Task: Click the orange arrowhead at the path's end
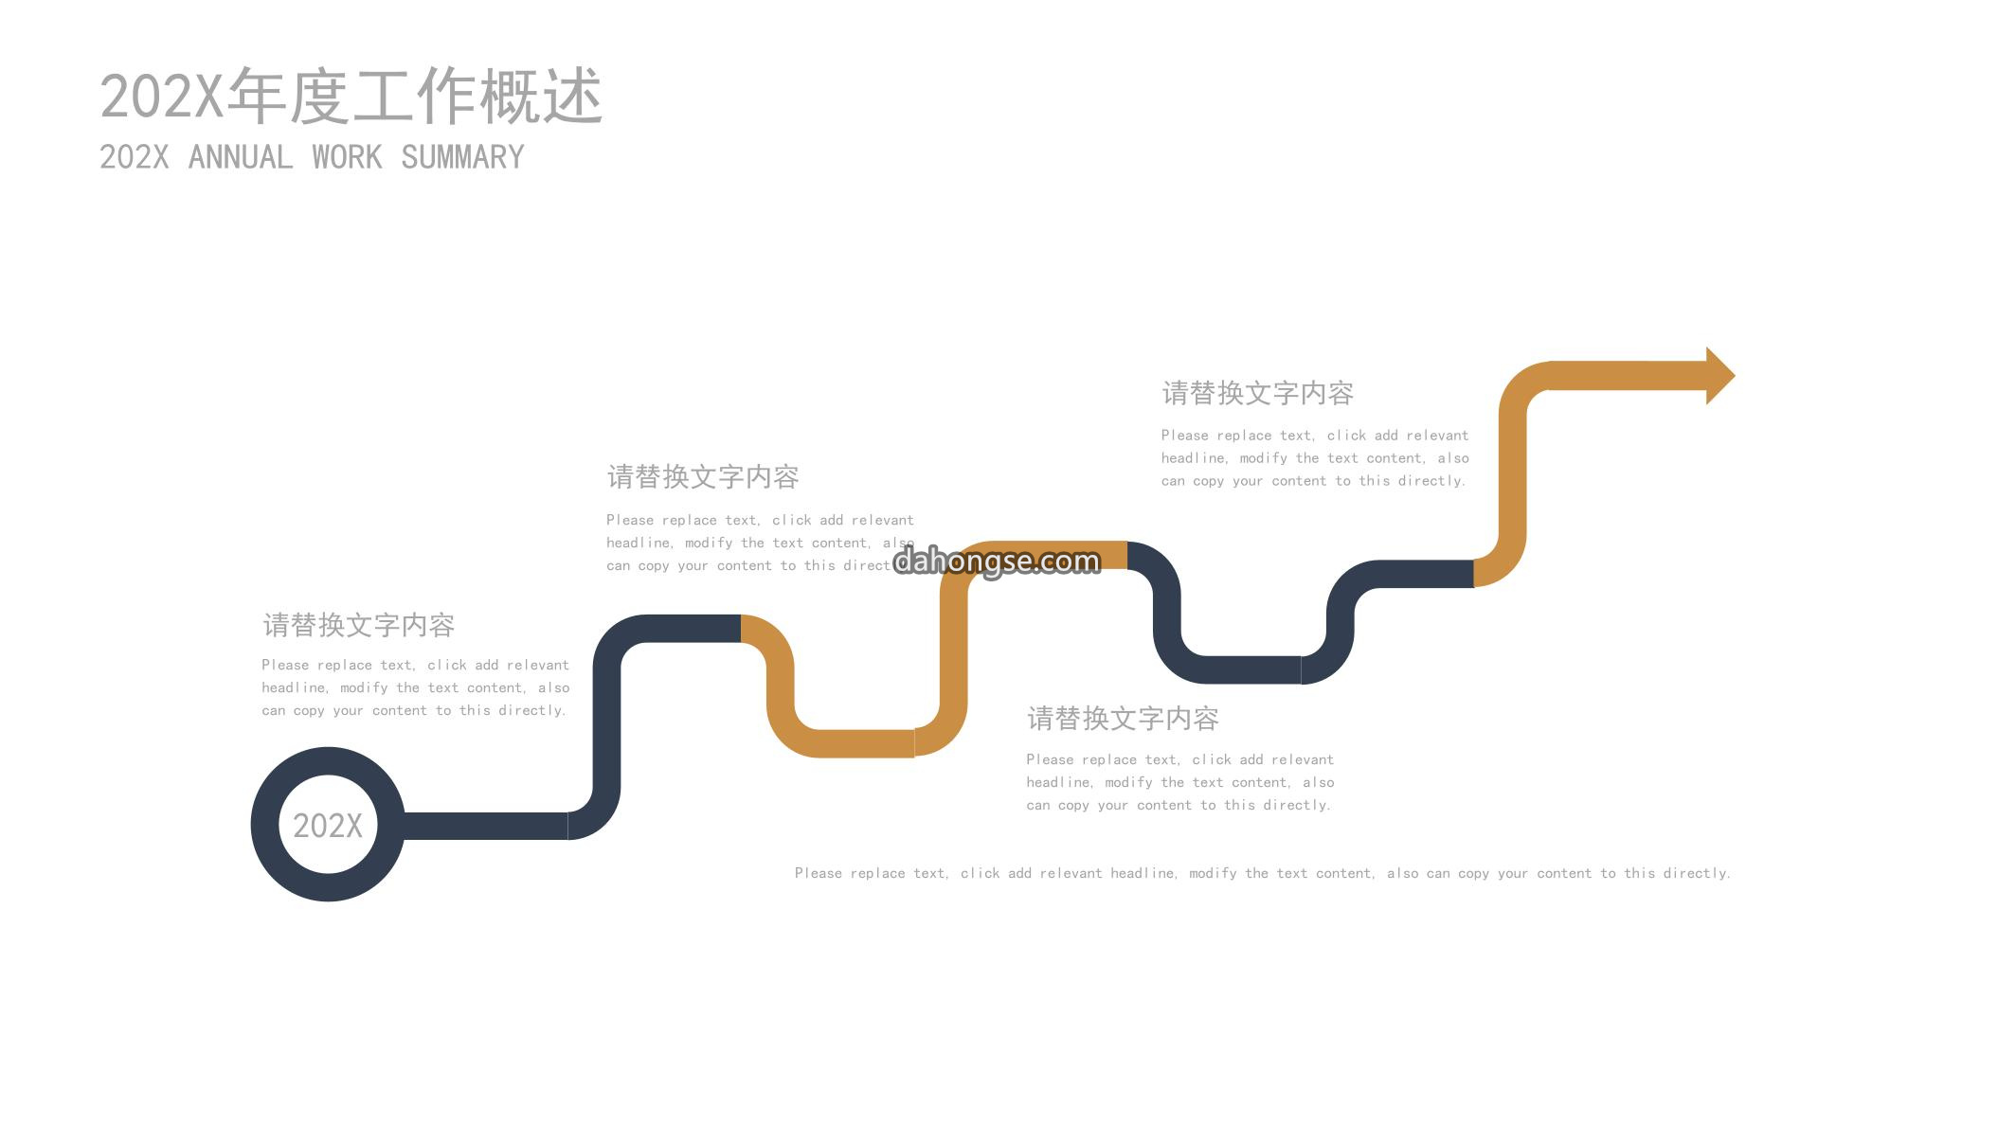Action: (x=1719, y=376)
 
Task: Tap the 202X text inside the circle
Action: (x=328, y=826)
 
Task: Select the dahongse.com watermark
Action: (x=997, y=561)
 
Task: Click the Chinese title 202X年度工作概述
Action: (x=351, y=96)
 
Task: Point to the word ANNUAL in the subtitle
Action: (x=241, y=157)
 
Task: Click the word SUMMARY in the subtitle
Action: (x=462, y=157)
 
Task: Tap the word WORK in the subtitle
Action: (x=347, y=157)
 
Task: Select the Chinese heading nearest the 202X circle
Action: (x=359, y=625)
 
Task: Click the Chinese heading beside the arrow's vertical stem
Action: (x=1258, y=393)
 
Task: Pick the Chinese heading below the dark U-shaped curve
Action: (x=1123, y=719)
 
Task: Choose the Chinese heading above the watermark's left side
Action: (x=703, y=476)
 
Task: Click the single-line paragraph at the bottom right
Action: (x=1263, y=873)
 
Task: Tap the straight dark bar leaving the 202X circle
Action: (x=486, y=826)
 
